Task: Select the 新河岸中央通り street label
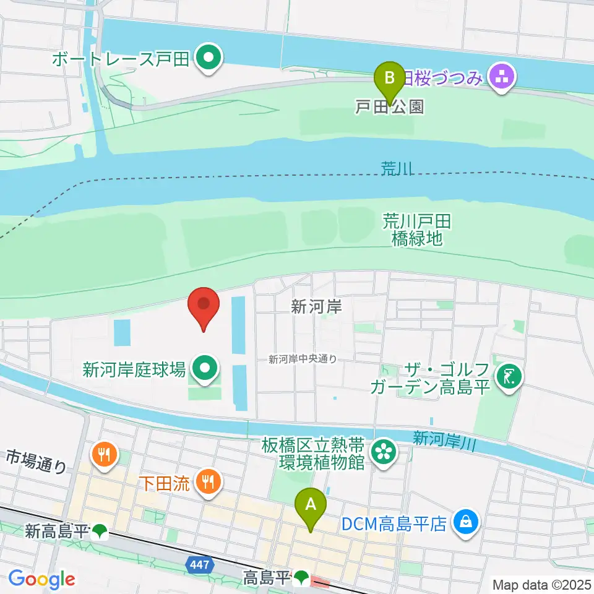pos(303,359)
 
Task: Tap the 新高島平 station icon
pos(100,531)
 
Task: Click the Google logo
pos(41,579)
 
